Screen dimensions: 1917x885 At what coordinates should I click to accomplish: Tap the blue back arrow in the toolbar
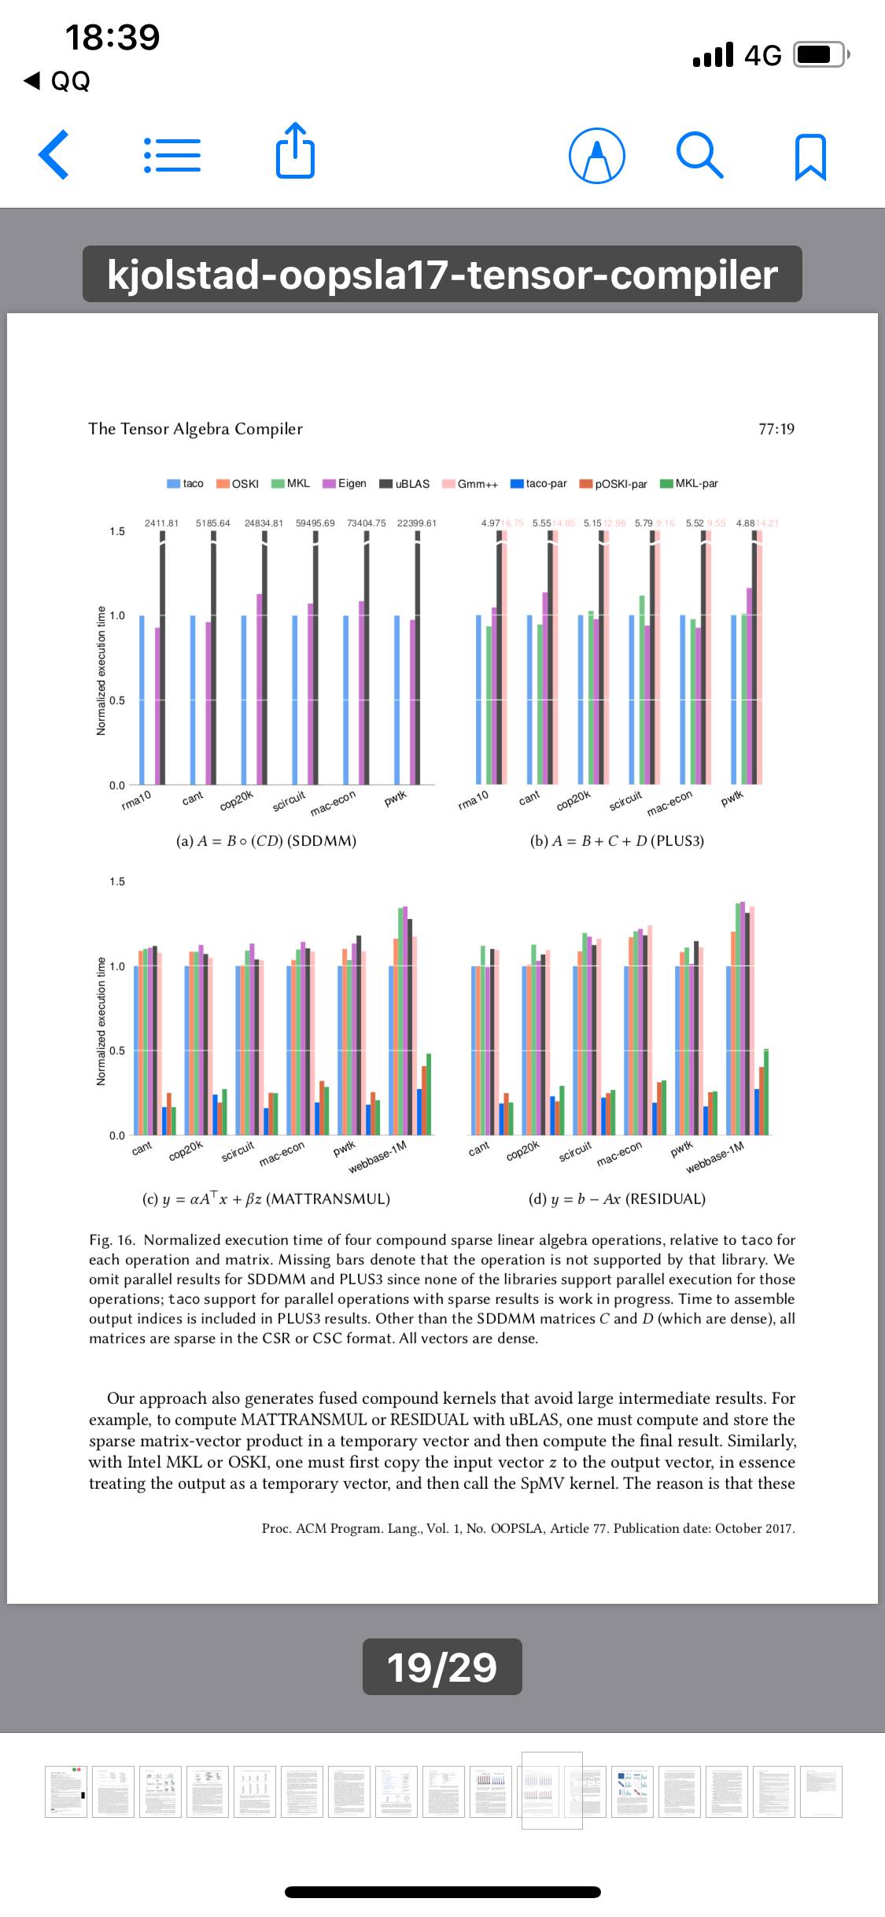pyautogui.click(x=53, y=155)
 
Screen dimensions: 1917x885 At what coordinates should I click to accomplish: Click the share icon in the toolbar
pyautogui.click(x=295, y=151)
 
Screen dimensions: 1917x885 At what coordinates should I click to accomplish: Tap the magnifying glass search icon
pyautogui.click(x=699, y=155)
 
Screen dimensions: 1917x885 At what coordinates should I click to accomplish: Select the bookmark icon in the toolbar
pyautogui.click(x=811, y=157)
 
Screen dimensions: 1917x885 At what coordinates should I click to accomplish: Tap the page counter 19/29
pyautogui.click(x=442, y=1667)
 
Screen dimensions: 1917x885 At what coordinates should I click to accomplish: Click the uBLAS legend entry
pyautogui.click(x=404, y=484)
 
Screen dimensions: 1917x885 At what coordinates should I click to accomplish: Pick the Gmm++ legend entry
pyautogui.click(x=470, y=484)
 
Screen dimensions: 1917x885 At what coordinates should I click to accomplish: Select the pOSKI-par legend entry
pyautogui.click(x=614, y=484)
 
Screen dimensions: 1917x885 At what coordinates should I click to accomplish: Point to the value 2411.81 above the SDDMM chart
pyautogui.click(x=161, y=523)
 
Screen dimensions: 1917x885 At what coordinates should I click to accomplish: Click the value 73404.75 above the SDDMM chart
pyautogui.click(x=365, y=523)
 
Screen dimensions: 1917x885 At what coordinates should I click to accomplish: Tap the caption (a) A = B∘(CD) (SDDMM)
pyautogui.click(x=267, y=840)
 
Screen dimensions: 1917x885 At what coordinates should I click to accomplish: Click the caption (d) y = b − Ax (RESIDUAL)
pyautogui.click(x=617, y=1199)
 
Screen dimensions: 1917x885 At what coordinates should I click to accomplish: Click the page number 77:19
pyautogui.click(x=776, y=429)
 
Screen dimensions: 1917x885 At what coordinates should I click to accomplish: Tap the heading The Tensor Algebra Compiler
pyautogui.click(x=195, y=429)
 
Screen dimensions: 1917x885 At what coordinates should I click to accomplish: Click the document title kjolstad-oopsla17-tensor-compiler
pyautogui.click(x=442, y=274)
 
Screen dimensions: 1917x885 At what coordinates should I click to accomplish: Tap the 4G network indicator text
pyautogui.click(x=762, y=55)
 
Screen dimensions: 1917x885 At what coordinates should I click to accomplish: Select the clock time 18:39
pyautogui.click(x=112, y=37)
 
